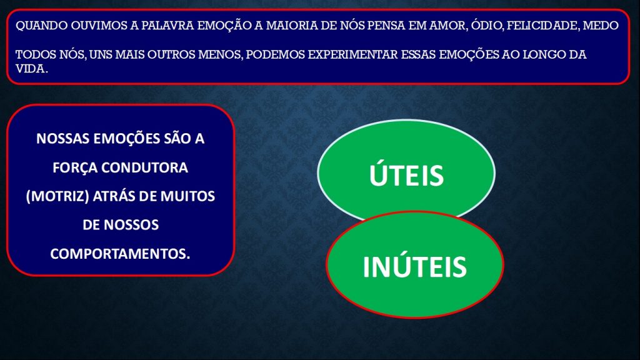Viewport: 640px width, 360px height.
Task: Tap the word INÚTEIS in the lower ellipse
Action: (x=415, y=266)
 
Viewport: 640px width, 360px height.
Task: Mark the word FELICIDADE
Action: (x=542, y=26)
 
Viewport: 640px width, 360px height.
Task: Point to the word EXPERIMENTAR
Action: (x=352, y=54)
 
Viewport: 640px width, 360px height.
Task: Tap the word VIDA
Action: (x=31, y=69)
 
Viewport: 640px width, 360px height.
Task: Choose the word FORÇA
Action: (x=75, y=167)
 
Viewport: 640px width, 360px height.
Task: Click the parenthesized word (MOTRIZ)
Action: (x=57, y=196)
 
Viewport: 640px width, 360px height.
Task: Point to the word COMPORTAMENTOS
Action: (x=121, y=254)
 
